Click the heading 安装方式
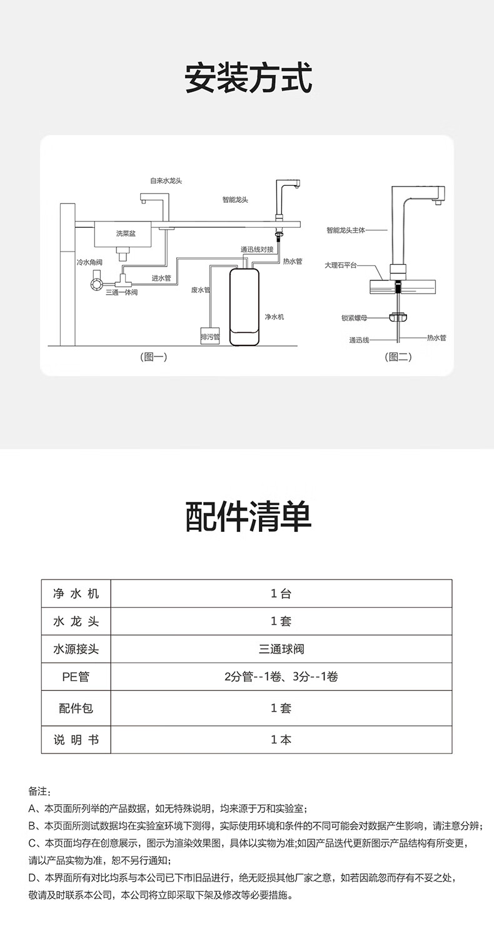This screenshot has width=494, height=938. coord(248,78)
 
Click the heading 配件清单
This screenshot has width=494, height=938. coord(248,517)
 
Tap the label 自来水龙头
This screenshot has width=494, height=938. coord(166,181)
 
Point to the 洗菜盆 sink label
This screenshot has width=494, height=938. coord(126,233)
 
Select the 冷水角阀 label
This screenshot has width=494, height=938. coord(89,262)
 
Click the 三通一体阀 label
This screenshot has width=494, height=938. coord(122,292)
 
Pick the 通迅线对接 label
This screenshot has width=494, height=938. coord(257,249)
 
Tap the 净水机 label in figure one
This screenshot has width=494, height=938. coord(275,317)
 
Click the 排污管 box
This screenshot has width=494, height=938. coord(210,337)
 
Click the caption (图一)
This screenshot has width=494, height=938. coord(153,357)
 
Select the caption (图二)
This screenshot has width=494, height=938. coord(398,357)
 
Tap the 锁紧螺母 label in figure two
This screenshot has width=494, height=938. coord(354,318)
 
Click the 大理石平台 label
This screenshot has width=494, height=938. coord(341,265)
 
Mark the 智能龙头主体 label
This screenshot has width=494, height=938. coord(346,230)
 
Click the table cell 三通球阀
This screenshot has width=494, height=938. coord(281,649)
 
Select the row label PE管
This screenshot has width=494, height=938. coord(76,676)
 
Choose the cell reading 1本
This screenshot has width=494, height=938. coord(281,740)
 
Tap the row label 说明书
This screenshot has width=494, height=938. coord(76,740)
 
